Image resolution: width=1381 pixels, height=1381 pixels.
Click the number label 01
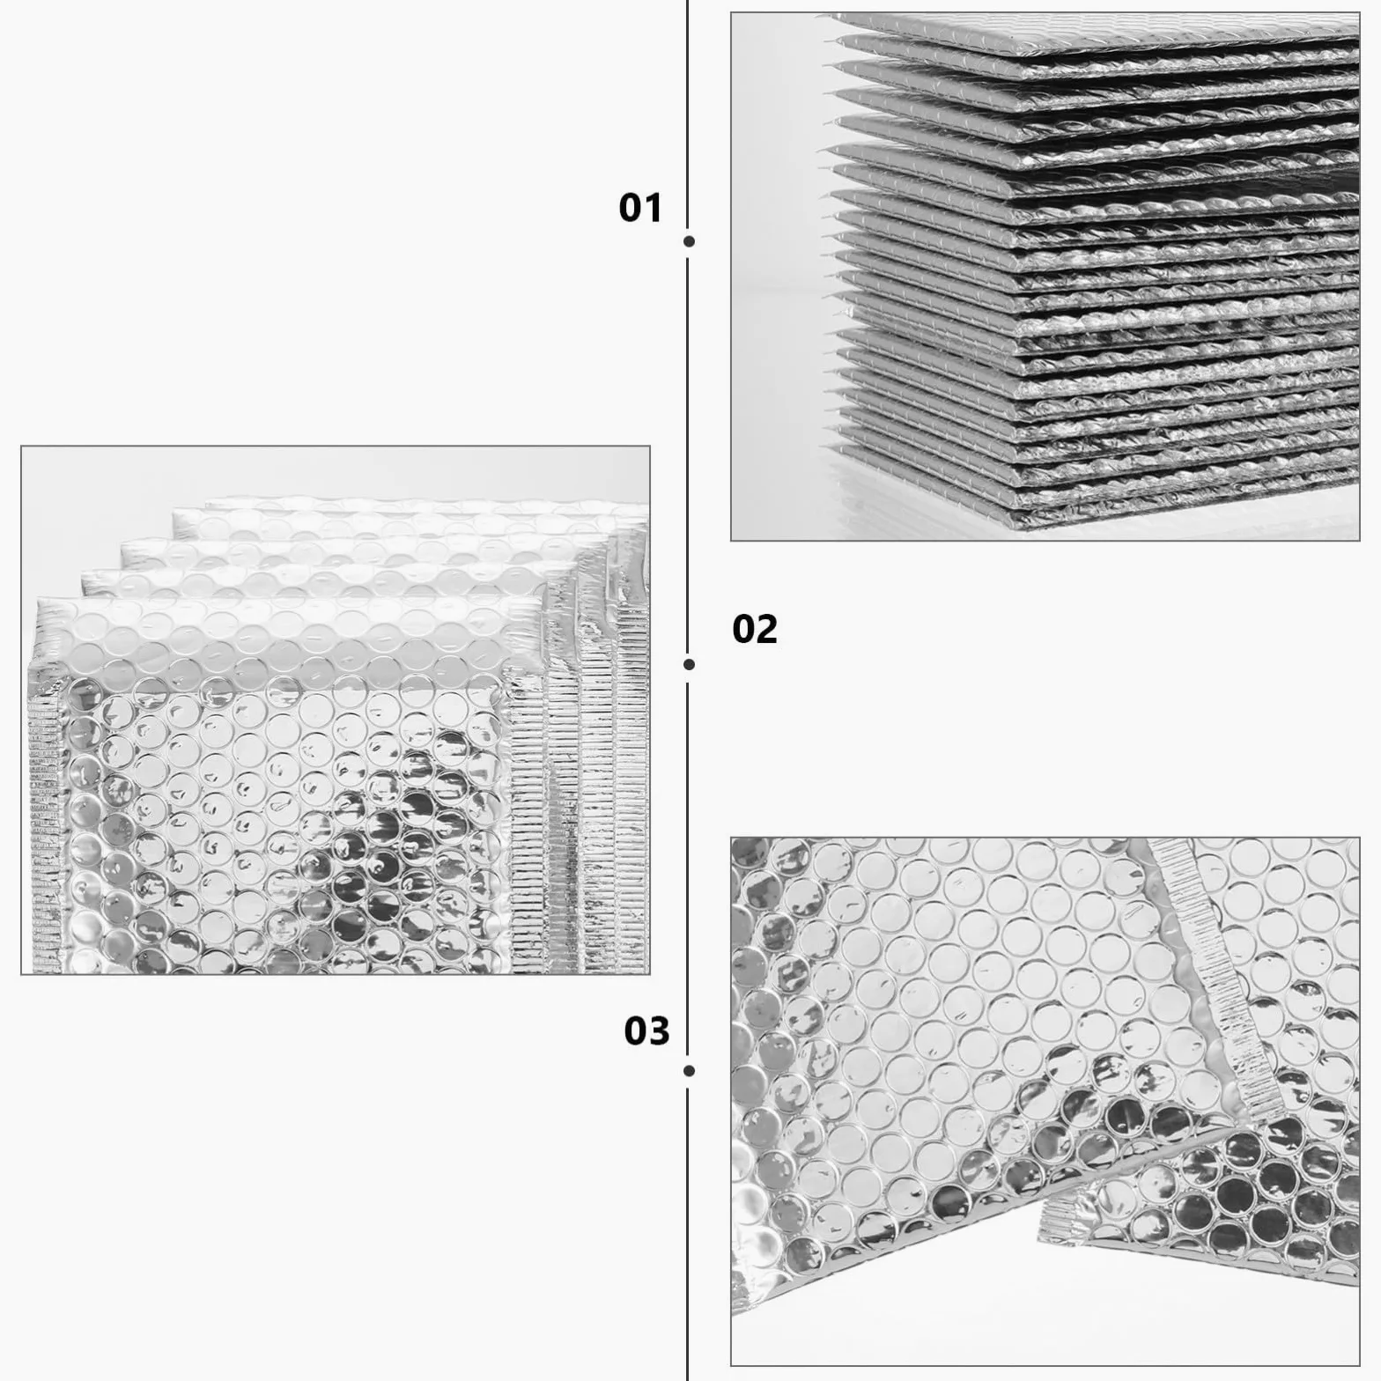pyautogui.click(x=639, y=208)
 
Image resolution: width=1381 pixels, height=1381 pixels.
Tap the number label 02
pyautogui.click(x=755, y=630)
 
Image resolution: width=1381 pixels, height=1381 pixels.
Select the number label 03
pyautogui.click(x=647, y=1030)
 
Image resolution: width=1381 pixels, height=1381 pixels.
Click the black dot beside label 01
pyautogui.click(x=690, y=241)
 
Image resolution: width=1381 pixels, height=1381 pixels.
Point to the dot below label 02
pyautogui.click(x=690, y=664)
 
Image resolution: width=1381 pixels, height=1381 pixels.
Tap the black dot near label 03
pyautogui.click(x=690, y=1071)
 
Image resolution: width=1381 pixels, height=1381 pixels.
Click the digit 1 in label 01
pyautogui.click(x=653, y=208)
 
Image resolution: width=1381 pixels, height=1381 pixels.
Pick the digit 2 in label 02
pyautogui.click(x=767, y=630)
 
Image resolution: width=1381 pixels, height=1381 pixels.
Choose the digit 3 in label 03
pyautogui.click(x=660, y=1030)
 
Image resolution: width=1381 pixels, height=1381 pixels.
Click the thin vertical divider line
pyautogui.click(x=688, y=690)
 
